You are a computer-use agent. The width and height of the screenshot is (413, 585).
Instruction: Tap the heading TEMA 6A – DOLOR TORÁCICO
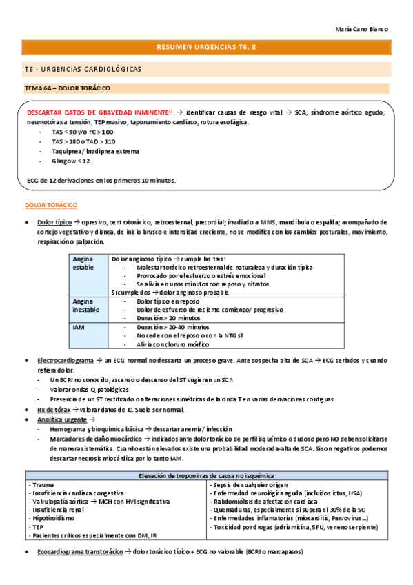67,88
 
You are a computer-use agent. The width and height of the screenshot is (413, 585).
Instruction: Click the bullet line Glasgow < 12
70,161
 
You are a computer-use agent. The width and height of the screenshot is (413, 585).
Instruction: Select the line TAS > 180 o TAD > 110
83,141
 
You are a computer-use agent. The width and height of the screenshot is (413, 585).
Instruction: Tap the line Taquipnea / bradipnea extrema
95,151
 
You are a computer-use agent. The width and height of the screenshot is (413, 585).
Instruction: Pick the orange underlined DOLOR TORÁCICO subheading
51,206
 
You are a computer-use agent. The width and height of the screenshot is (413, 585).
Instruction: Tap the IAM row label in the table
79,326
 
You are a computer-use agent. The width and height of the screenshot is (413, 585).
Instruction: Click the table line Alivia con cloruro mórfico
172,344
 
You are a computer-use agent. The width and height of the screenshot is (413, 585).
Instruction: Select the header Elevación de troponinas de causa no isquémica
207,475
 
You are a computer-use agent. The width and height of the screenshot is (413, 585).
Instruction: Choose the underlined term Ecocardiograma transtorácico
80,553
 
